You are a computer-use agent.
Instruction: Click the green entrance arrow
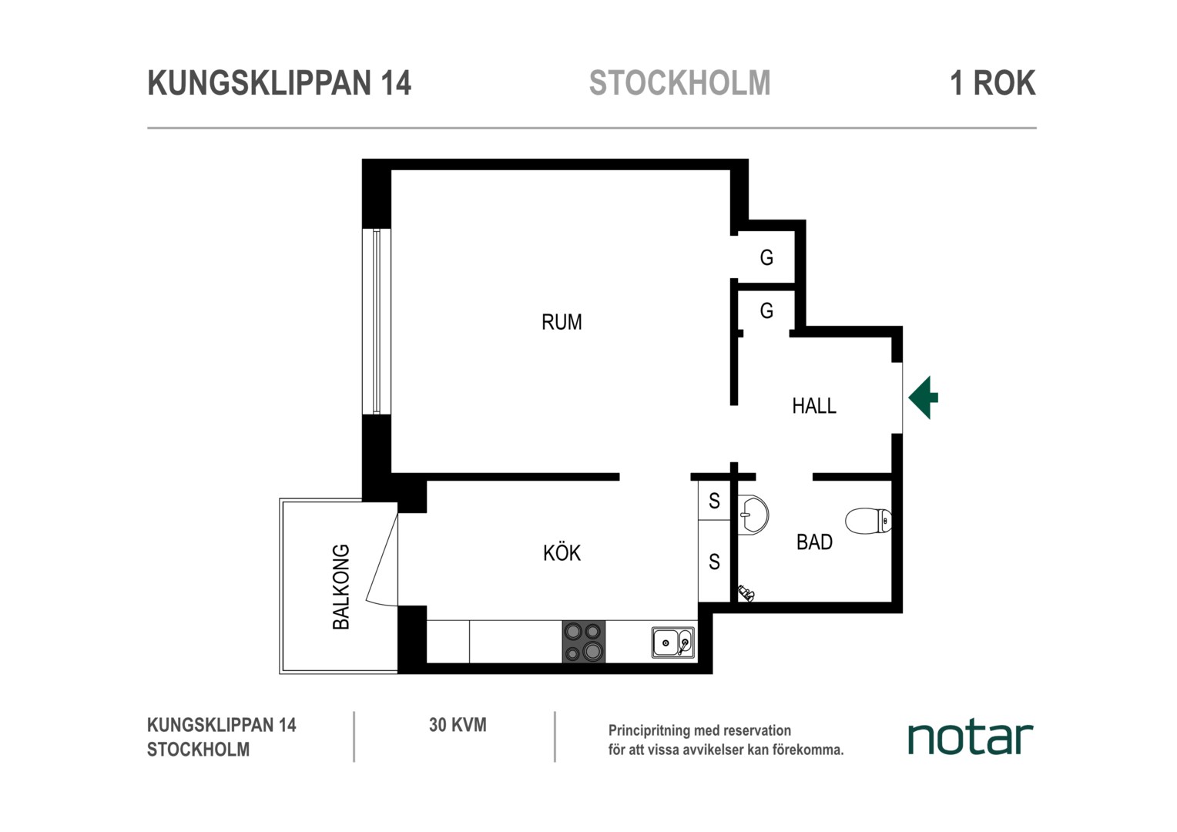(924, 398)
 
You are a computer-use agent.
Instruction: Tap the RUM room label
(562, 322)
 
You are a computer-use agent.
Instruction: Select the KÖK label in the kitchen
(562, 553)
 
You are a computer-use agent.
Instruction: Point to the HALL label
(814, 406)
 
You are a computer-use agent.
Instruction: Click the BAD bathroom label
(814, 542)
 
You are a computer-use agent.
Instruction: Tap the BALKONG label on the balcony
(341, 586)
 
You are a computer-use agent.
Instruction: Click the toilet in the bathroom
(868, 521)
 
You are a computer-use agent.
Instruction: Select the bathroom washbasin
(753, 515)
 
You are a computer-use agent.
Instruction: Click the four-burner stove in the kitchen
(583, 642)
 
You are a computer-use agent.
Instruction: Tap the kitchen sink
(673, 642)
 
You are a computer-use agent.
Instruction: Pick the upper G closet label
(766, 257)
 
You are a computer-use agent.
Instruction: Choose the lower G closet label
(766, 310)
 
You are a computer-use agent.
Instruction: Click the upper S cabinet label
(714, 501)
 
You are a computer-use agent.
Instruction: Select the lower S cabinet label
(714, 562)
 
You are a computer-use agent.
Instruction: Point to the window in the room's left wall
(376, 321)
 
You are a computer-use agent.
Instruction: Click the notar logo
(971, 738)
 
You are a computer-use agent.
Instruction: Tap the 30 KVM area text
(458, 725)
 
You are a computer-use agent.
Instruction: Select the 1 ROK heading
(993, 82)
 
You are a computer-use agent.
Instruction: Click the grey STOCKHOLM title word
(680, 82)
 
